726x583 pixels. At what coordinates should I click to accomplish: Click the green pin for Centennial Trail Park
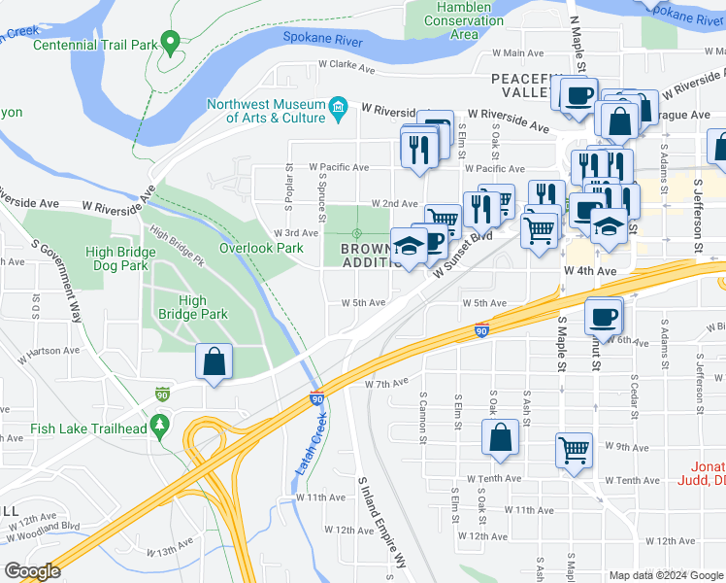(x=171, y=41)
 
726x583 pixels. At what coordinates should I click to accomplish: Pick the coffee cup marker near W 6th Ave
(x=603, y=317)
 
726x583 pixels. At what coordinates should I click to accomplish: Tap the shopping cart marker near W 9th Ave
(x=574, y=450)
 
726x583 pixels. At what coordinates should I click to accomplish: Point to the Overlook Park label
(x=261, y=248)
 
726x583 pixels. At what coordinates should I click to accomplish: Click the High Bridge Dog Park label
(x=119, y=257)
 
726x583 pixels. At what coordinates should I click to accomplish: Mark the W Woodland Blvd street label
(x=45, y=526)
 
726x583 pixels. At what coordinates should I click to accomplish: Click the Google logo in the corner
(x=33, y=571)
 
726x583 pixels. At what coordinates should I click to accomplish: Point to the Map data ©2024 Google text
(x=665, y=575)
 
